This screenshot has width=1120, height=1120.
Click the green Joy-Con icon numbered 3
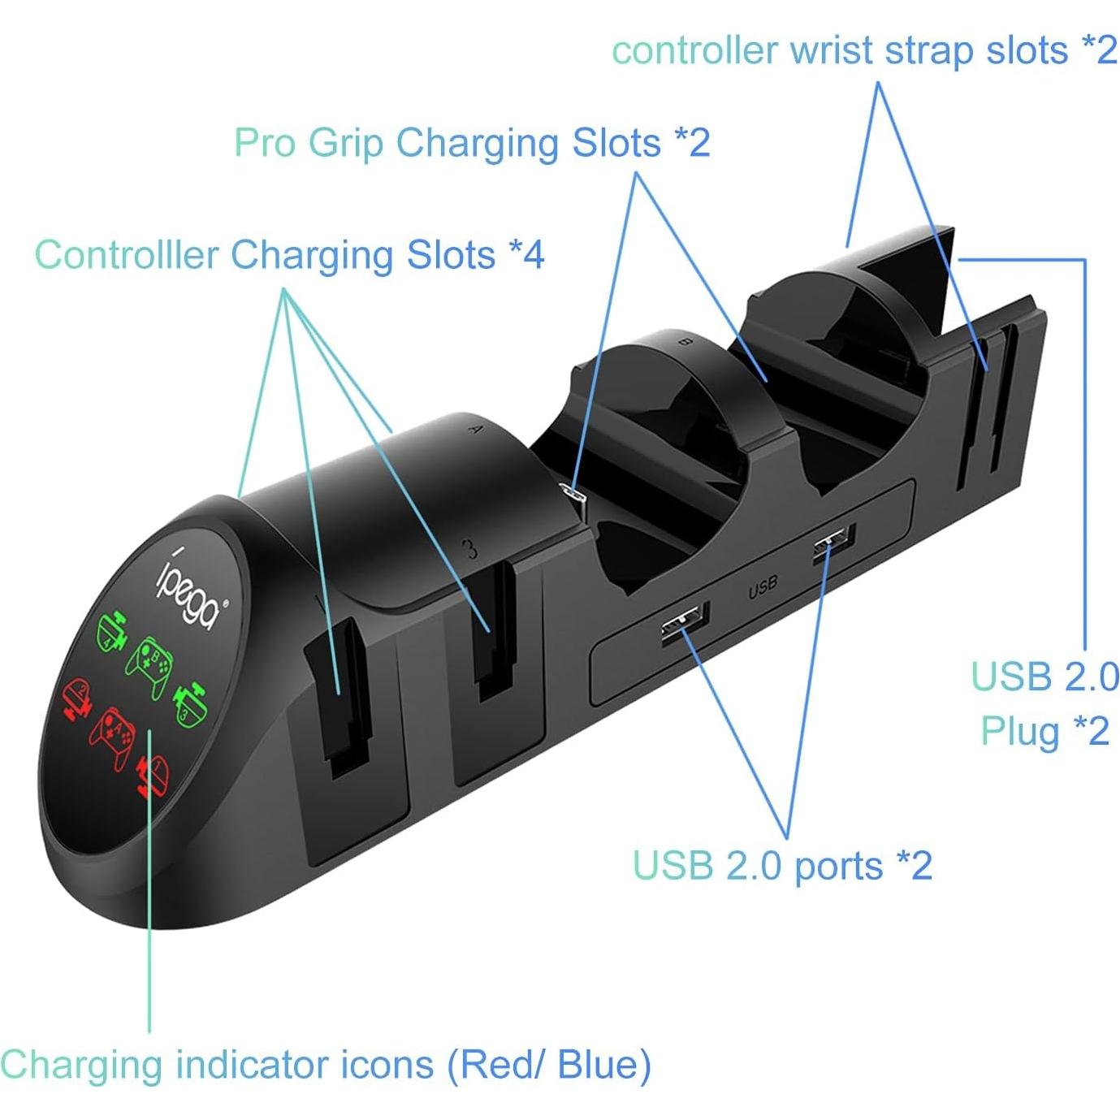(189, 703)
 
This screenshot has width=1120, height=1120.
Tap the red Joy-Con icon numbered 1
(152, 776)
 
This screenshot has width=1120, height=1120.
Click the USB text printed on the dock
(762, 586)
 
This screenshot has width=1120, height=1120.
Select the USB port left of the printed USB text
(685, 624)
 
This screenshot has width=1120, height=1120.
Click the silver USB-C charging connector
(572, 496)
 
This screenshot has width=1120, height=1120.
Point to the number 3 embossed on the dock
(471, 550)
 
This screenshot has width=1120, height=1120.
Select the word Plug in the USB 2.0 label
(1020, 731)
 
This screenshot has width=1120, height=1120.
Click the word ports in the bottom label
(838, 866)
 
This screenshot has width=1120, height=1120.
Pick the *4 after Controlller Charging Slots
(526, 254)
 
